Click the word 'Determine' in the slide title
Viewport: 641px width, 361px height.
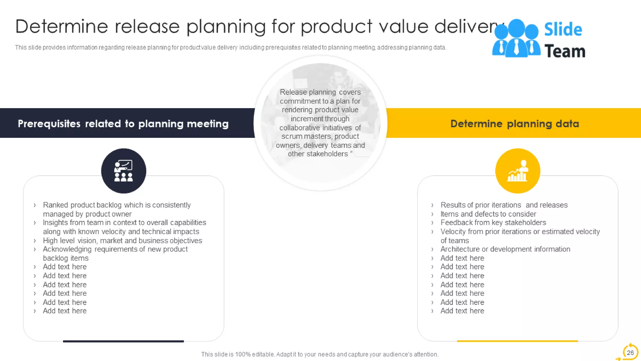(x=61, y=26)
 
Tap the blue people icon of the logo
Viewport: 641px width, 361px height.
(x=516, y=38)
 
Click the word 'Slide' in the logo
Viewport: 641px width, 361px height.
(x=563, y=29)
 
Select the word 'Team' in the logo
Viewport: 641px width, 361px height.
(x=565, y=51)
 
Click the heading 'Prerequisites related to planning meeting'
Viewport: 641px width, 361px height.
(x=123, y=123)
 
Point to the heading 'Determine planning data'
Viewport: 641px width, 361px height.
(x=515, y=123)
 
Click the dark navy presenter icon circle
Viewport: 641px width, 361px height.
(x=124, y=171)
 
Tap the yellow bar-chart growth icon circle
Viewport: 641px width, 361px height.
(x=517, y=171)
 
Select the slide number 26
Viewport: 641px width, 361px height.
(x=630, y=353)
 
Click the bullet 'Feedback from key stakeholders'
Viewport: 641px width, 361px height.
(x=493, y=222)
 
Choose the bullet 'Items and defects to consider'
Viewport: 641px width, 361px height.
(x=488, y=214)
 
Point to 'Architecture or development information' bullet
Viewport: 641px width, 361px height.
(x=505, y=249)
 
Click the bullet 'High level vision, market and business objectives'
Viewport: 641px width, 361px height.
(x=122, y=241)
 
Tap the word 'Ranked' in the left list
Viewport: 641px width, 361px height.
(x=55, y=205)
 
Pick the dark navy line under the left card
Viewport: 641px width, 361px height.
(x=123, y=341)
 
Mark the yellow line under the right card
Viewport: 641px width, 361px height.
(x=517, y=341)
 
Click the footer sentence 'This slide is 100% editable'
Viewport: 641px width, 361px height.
(x=320, y=354)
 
